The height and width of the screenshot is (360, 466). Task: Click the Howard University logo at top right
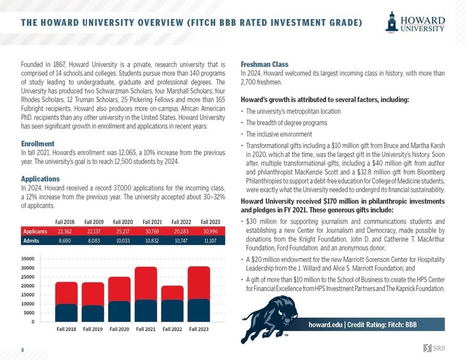click(416, 23)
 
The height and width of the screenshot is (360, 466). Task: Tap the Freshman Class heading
click(265, 64)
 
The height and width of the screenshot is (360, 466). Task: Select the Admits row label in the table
click(31, 241)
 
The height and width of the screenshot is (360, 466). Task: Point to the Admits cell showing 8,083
click(94, 241)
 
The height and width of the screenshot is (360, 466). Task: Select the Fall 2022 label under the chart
click(172, 329)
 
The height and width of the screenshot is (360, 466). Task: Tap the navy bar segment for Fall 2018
click(66, 313)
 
